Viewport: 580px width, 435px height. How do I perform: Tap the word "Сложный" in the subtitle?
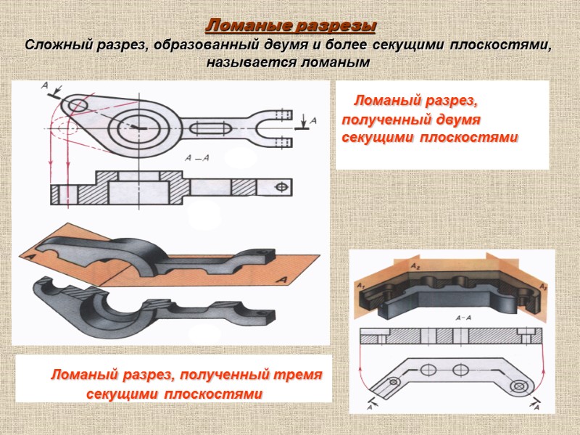(x=57, y=46)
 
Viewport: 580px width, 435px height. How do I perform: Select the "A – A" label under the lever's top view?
(x=196, y=157)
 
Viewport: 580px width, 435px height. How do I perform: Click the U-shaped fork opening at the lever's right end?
(x=278, y=128)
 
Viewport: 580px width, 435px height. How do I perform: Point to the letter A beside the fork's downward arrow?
(x=312, y=120)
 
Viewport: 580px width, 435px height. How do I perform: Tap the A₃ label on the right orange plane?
(x=542, y=287)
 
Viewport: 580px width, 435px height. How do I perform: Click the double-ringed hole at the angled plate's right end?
(x=516, y=387)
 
